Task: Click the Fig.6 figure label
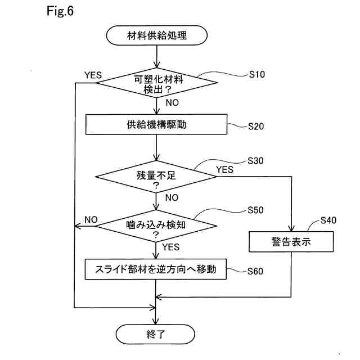coord(60,11)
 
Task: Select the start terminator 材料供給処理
coord(157,35)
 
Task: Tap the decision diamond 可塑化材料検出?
coord(157,83)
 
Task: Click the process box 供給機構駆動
coord(156,124)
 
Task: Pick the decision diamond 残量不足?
coord(156,177)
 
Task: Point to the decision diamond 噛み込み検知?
coord(156,226)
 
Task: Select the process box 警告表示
coord(291,241)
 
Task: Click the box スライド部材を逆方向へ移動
coord(156,269)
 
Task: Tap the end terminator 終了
coord(155,334)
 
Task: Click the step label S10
coord(257,74)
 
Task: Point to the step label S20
coord(256,126)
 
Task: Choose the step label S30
coord(255,161)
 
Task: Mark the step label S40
coord(328,220)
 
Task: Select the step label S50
coord(255,210)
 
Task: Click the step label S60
coord(255,271)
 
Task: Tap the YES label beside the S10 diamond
coord(93,75)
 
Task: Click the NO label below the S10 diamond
coord(172,102)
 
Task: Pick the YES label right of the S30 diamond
coord(225,170)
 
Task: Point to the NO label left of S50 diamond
coord(91,220)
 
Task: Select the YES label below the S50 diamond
coord(171,247)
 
